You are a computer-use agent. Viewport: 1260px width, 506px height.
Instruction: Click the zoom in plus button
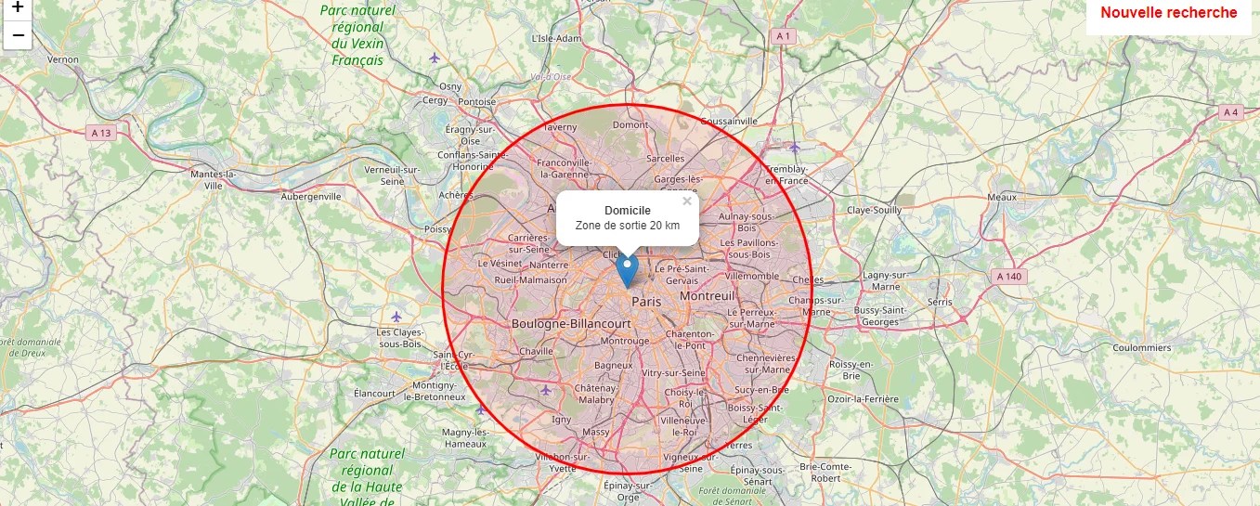pos(17,7)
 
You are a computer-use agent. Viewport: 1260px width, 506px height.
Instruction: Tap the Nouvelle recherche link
pos(1168,13)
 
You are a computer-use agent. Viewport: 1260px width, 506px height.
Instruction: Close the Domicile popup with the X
pos(687,201)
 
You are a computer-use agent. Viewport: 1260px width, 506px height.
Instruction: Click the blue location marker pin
pos(628,270)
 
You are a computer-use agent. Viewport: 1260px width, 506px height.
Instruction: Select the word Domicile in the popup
pos(627,211)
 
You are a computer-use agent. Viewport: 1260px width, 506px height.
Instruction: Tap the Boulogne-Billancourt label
pos(571,323)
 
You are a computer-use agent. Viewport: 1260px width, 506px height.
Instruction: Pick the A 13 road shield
pos(101,133)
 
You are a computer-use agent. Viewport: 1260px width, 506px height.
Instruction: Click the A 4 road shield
pos(1230,112)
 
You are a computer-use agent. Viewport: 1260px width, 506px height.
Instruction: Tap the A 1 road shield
pos(784,35)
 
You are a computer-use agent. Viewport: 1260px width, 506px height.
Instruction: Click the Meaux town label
pos(1003,197)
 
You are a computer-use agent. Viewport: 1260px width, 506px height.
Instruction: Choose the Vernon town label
pos(63,59)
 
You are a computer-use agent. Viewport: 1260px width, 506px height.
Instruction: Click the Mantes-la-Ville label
pos(213,179)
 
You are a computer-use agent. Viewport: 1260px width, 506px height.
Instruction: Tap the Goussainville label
pos(729,121)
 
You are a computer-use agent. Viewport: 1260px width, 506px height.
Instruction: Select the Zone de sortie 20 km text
pos(627,226)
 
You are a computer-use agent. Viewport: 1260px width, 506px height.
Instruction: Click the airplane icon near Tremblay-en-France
pos(794,147)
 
